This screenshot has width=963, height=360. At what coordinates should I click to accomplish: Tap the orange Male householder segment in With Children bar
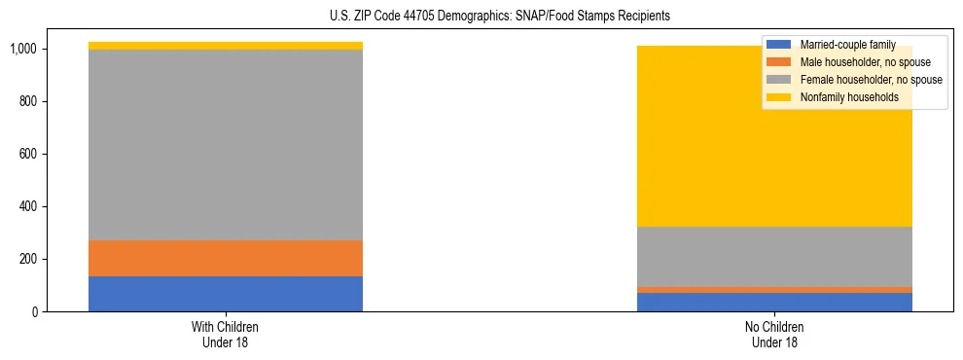point(226,258)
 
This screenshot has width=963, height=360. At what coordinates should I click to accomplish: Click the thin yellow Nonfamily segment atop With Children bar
point(226,46)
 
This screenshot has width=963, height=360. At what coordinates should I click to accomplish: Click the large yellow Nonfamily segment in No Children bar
point(681,146)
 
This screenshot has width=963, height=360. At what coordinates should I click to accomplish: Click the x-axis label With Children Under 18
point(226,334)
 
